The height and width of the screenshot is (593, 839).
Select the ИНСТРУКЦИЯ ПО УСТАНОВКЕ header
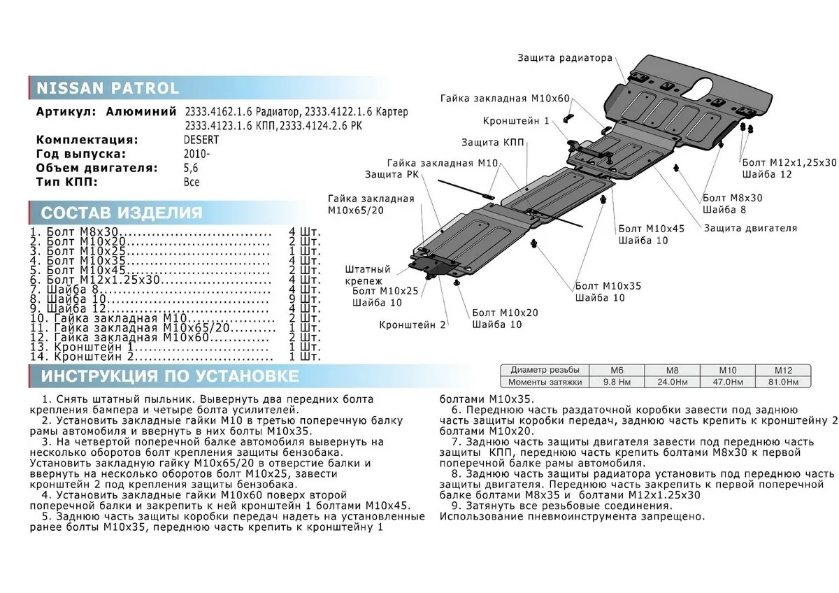169,376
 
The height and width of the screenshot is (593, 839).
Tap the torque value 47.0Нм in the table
731,382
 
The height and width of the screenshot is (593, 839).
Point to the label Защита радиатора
565,58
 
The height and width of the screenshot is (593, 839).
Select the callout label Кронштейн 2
413,324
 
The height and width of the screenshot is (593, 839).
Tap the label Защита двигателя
750,228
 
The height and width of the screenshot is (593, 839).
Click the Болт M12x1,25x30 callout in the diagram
789,162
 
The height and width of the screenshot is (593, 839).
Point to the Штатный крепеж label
368,275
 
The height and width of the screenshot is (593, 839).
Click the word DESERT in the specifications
201,139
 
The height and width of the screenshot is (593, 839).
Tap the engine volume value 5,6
192,168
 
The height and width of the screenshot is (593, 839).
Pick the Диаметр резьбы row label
544,369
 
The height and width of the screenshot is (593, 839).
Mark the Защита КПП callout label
489,142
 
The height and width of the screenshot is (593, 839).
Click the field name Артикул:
66,112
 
